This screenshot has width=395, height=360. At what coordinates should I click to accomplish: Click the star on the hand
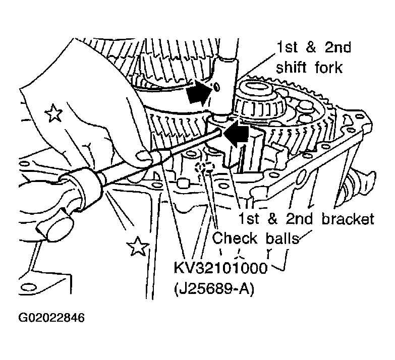pos(53,113)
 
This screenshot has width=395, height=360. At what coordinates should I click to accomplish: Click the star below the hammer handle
pos(138,246)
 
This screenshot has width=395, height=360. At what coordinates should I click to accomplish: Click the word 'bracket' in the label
pos(348,218)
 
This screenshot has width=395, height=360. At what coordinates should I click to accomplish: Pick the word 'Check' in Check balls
pos(235,237)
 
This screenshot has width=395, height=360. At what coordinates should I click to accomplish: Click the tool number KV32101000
pos(220,268)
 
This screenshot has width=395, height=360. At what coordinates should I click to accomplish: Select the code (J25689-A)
pos(214,288)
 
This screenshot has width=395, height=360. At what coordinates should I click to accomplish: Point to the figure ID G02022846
pos(51,318)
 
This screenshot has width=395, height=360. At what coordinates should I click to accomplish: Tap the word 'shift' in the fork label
pos(292,67)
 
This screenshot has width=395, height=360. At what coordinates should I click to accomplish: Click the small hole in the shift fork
pos(216,87)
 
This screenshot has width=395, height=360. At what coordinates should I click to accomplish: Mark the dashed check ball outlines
pos(204,167)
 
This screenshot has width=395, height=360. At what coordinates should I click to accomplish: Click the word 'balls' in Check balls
pos(282,237)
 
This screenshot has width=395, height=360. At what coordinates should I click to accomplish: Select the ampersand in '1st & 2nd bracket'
pos(272,218)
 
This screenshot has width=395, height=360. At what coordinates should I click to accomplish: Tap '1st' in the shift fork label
pos(287,47)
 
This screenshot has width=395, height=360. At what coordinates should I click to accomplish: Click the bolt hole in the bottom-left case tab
pos(28,287)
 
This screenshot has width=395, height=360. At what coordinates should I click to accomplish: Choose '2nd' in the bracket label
pos(299,218)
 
